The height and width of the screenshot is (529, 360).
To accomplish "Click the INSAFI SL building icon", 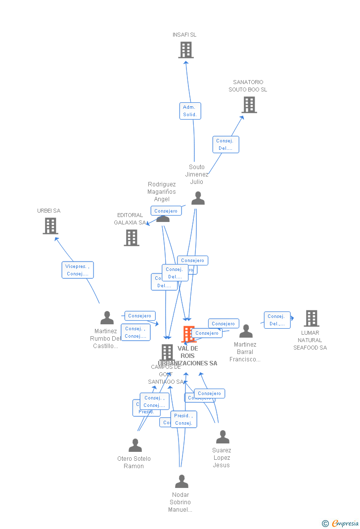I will pos(186,50).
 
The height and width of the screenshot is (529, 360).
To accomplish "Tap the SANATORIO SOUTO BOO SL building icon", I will pos(249,105).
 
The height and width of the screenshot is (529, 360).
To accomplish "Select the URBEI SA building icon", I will pos(50,226).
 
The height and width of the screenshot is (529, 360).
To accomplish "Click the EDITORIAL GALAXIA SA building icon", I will pos(132,238).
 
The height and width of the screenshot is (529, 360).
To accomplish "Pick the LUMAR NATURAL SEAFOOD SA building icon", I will pos(312,318).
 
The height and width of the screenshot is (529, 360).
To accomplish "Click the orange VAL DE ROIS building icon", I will pos(188,334).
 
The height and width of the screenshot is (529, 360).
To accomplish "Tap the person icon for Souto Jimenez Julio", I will pos(198,198).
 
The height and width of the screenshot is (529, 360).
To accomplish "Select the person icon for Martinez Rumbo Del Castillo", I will pos(107,318).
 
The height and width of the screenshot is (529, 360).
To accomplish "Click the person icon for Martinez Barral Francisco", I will pos(246,331).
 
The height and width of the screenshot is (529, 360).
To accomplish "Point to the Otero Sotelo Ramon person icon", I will pos(135,445).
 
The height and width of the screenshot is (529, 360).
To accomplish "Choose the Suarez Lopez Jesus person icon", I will pos(223,437).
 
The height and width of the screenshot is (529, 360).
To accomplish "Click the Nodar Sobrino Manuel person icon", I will pos(181,482).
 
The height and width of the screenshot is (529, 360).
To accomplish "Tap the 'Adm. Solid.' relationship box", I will pos(190,111).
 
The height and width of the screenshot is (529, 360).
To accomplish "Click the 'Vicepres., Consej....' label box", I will pos(78,270).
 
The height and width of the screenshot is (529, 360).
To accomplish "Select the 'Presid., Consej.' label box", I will pos(183,419).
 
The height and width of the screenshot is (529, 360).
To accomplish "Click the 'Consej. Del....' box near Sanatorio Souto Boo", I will pos(225,144).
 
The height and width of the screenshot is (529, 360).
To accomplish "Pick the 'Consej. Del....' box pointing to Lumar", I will pos(277,320).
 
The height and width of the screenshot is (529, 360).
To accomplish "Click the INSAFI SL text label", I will pos(184,35).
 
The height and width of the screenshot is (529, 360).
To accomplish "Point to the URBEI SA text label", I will pos(48,211).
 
